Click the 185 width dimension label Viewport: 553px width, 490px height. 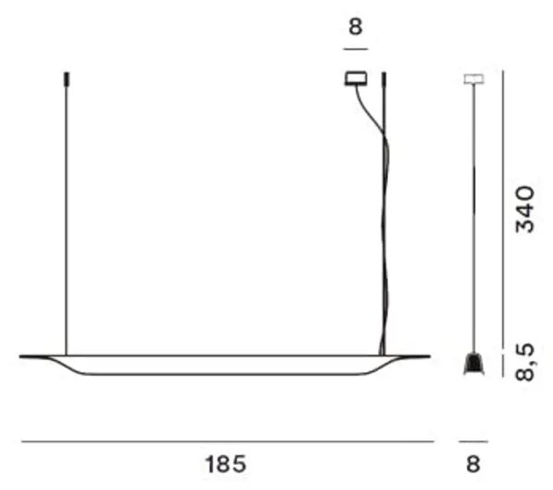click(x=225, y=464)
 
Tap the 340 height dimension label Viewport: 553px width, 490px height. click(x=525, y=210)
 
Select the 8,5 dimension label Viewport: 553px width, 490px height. click(x=525, y=363)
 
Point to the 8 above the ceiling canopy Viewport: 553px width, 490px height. click(x=356, y=27)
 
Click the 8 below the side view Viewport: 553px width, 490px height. click(x=474, y=464)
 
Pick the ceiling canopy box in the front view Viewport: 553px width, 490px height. click(x=356, y=78)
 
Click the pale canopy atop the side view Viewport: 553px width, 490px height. click(x=474, y=79)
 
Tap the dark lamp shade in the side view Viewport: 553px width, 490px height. click(x=474, y=363)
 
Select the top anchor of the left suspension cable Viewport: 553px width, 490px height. click(x=66, y=79)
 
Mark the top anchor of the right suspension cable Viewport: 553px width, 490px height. click(x=384, y=79)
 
